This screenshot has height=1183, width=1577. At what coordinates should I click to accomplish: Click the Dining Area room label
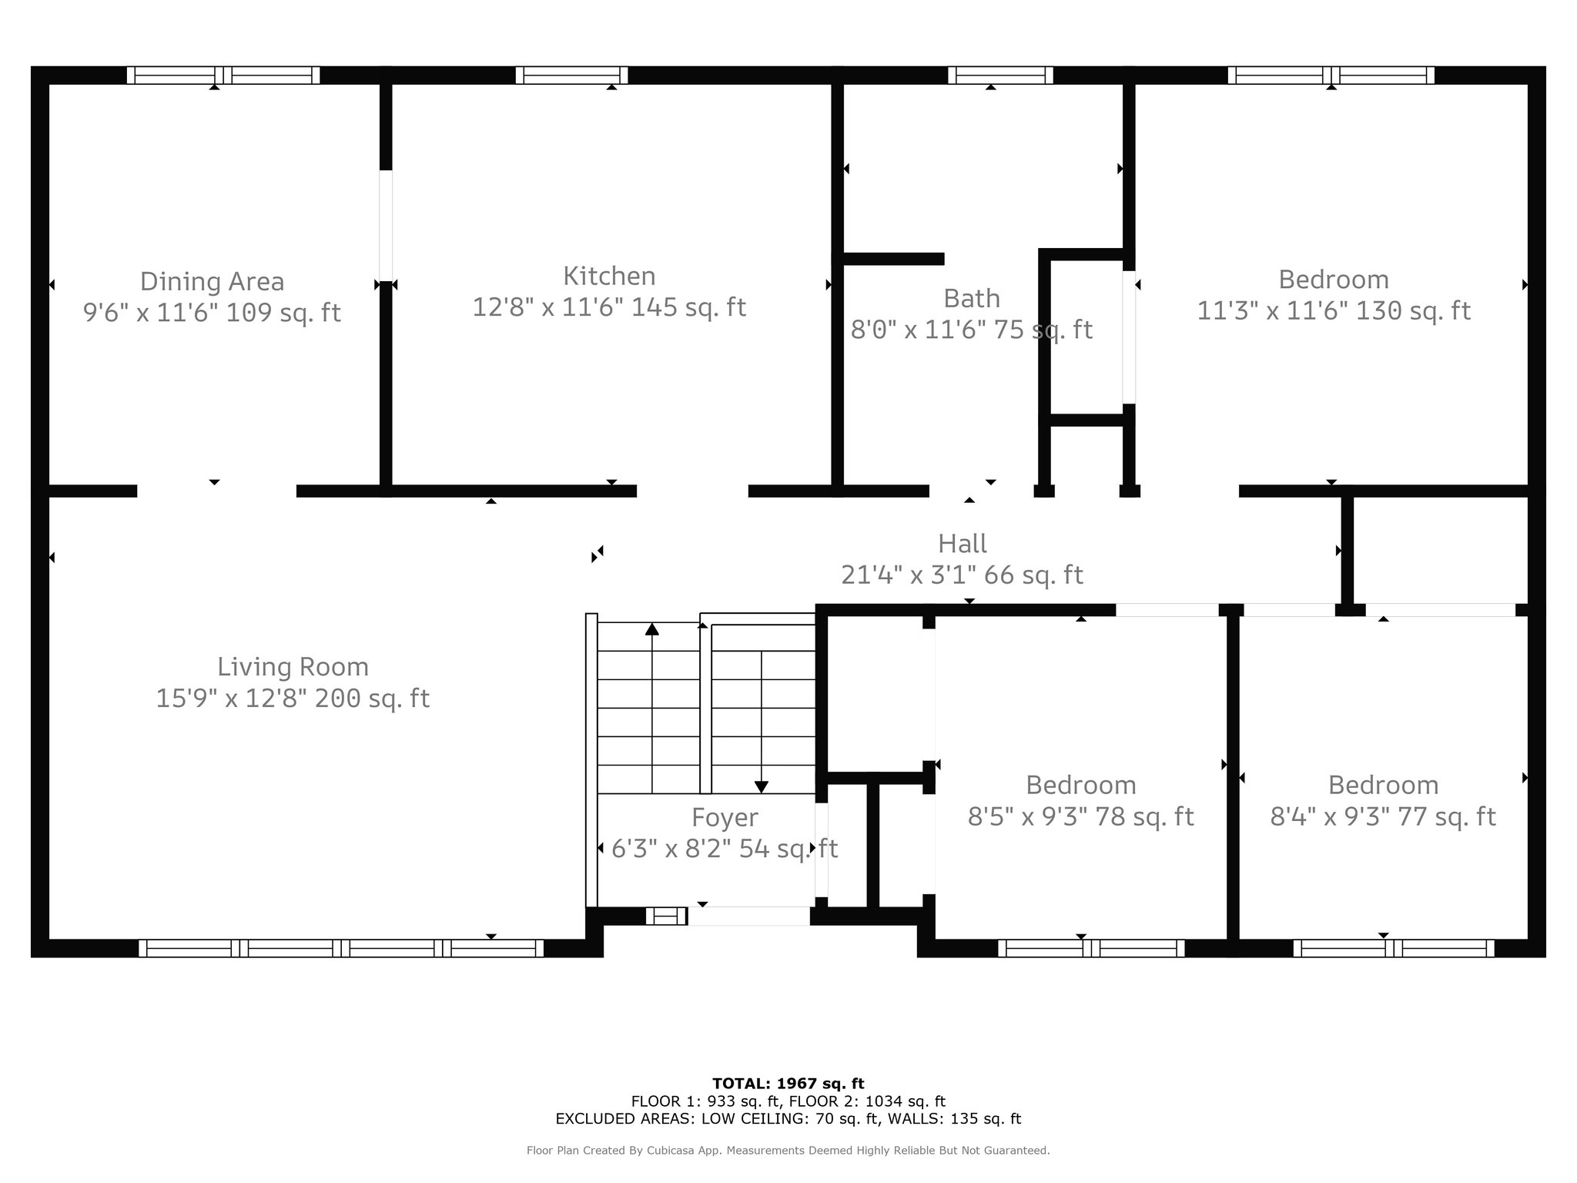pyautogui.click(x=212, y=282)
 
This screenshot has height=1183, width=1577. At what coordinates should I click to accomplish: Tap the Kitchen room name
pyautogui.click(x=609, y=276)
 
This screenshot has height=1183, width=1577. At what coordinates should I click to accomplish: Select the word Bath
pyautogui.click(x=972, y=298)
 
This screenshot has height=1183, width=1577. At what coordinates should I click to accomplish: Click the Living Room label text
pyautogui.click(x=293, y=667)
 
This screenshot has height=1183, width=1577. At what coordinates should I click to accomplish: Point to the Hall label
pyautogui.click(x=963, y=544)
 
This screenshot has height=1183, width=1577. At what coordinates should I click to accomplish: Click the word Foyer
pyautogui.click(x=725, y=818)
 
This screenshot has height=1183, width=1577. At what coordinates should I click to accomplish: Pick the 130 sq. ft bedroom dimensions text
pyautogui.click(x=1334, y=311)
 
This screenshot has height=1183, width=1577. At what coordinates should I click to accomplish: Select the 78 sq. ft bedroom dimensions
pyautogui.click(x=1081, y=817)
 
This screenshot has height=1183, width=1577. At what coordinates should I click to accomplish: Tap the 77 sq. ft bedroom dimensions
pyautogui.click(x=1383, y=817)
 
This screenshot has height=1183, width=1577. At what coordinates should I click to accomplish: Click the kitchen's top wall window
pyautogui.click(x=571, y=75)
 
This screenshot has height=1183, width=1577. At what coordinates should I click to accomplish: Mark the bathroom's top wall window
pyautogui.click(x=1000, y=75)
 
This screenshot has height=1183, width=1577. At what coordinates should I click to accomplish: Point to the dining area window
pyautogui.click(x=223, y=75)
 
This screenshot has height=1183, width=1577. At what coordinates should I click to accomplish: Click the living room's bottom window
pyautogui.click(x=341, y=948)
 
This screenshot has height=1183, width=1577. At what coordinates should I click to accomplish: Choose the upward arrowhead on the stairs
pyautogui.click(x=652, y=629)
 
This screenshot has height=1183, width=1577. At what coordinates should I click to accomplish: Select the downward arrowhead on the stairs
pyautogui.click(x=762, y=786)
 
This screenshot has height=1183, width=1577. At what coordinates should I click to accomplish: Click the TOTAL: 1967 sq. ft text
pyautogui.click(x=788, y=1084)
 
